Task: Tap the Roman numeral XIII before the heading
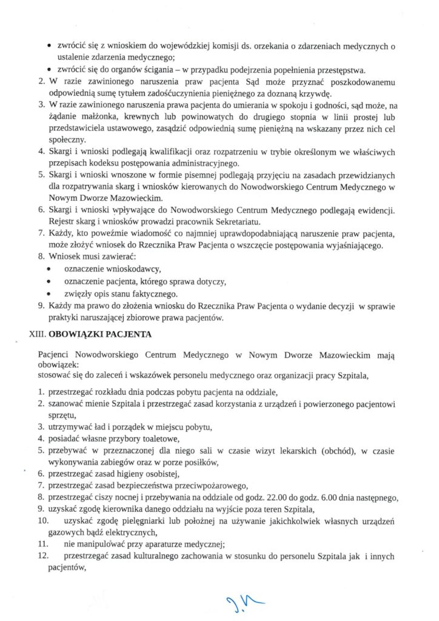tap(38, 333)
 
